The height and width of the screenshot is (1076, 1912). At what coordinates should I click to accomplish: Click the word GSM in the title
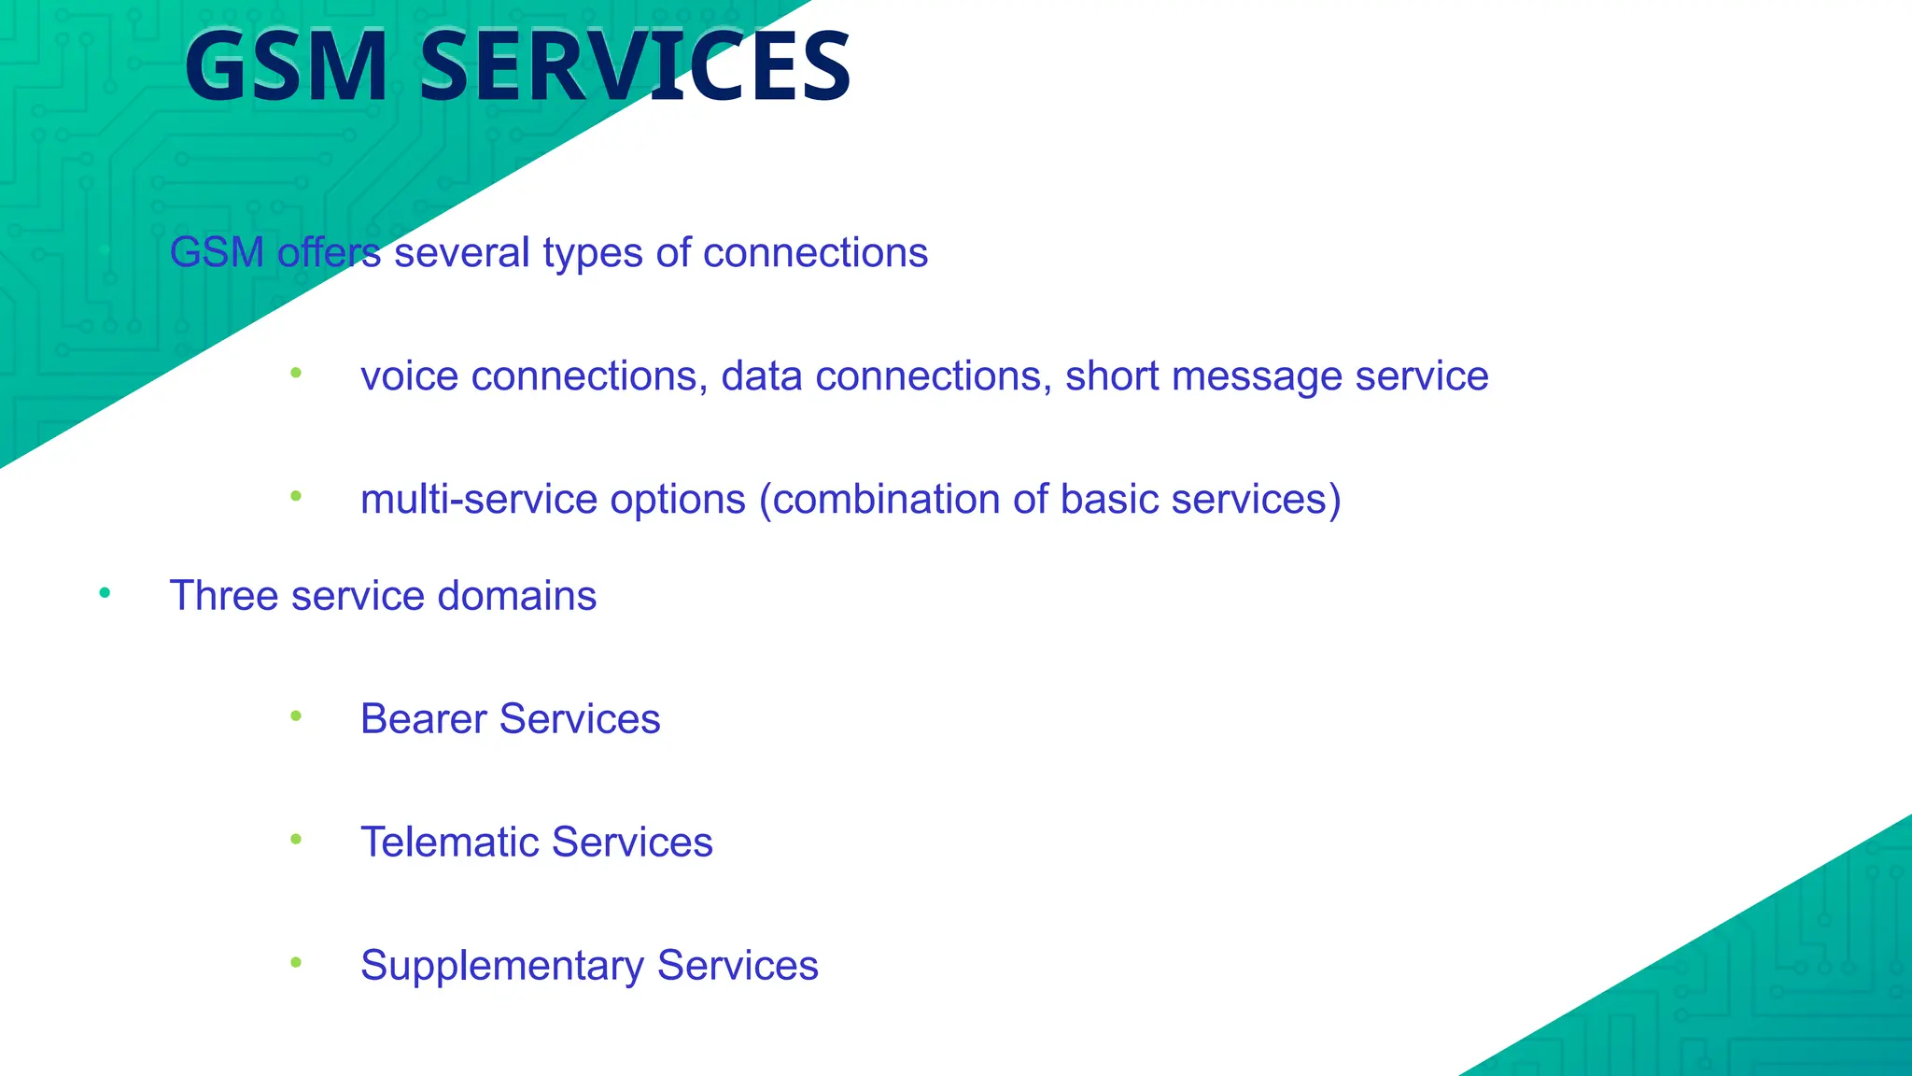click(286, 67)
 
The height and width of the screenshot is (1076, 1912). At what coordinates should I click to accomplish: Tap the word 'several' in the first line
click(462, 253)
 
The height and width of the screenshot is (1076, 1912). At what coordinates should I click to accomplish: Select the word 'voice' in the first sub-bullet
click(409, 376)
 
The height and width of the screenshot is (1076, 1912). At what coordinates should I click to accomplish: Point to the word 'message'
click(1257, 376)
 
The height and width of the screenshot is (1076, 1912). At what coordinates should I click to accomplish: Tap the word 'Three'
click(224, 596)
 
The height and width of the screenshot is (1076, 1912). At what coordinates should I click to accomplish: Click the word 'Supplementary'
click(501, 967)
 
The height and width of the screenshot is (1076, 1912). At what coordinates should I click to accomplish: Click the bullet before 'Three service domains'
click(105, 593)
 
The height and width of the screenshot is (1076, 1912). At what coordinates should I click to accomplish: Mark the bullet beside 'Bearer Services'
click(296, 716)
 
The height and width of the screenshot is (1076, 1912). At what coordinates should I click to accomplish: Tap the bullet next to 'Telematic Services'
click(296, 840)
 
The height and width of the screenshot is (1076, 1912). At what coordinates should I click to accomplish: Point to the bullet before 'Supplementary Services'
click(296, 962)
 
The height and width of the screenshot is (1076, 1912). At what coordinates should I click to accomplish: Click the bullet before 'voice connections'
click(296, 374)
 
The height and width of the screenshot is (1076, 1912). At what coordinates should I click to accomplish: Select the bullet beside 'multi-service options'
click(296, 496)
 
